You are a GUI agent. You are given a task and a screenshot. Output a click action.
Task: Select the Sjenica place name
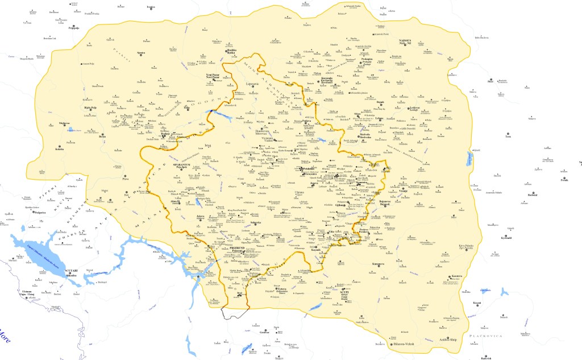point(142,53)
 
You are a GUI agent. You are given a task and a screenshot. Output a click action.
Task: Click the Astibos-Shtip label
point(446,340)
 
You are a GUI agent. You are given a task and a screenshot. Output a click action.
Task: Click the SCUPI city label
point(343,292)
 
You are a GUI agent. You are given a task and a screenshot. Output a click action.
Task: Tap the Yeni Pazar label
point(212,75)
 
